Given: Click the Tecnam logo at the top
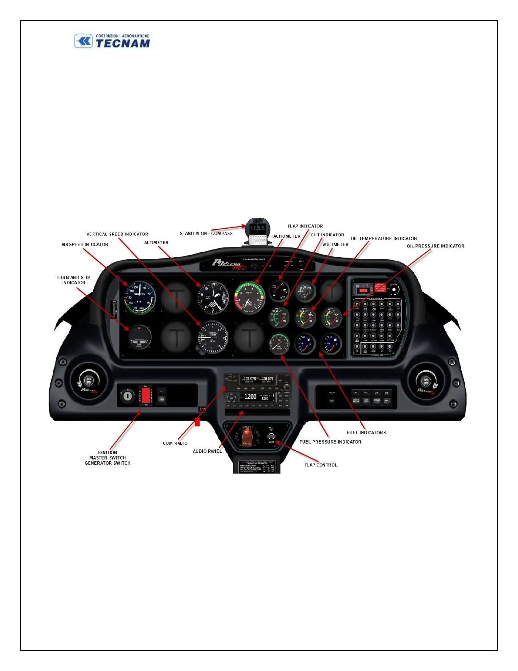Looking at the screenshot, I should coord(113,42).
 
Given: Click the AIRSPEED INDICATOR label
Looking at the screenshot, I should coord(85,244).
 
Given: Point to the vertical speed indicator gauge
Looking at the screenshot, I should coord(212,337).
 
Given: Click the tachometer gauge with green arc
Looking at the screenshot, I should coord(249,297).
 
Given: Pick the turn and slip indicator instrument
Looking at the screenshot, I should coord(139,337).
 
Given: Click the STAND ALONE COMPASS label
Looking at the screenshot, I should coord(206,233).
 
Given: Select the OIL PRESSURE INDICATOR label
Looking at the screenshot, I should coord(435,246).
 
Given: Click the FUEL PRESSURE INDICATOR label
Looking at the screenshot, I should coord(330,442).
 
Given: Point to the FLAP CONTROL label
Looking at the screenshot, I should coord(320,465).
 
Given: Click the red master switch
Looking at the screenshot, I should coord(146,396).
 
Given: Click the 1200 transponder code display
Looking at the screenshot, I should coord(251,397).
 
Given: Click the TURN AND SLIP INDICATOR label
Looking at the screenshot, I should coord(74,280).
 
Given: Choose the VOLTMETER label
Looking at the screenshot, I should coord(335,244).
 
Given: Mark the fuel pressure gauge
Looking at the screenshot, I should coord(279,344).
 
